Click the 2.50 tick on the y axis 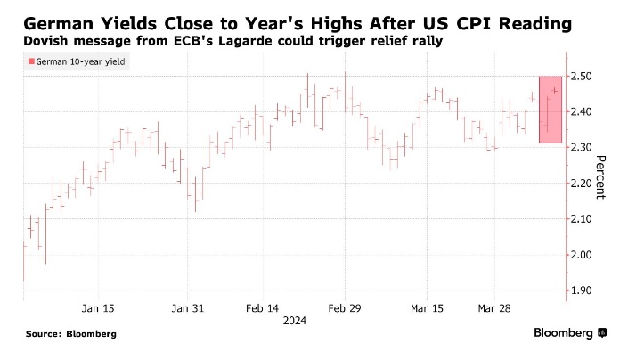point(583,77)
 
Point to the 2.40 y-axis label point(583,112)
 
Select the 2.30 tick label point(583,148)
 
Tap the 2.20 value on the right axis point(583,184)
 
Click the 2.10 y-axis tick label point(583,219)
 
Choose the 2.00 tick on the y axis point(583,255)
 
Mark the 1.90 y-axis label point(583,290)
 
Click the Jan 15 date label point(97,308)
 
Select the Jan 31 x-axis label point(187,308)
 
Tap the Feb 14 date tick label point(260,308)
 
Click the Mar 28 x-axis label point(494,308)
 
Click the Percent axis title point(600,177)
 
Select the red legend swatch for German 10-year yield point(32,61)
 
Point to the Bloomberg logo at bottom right point(570,333)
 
